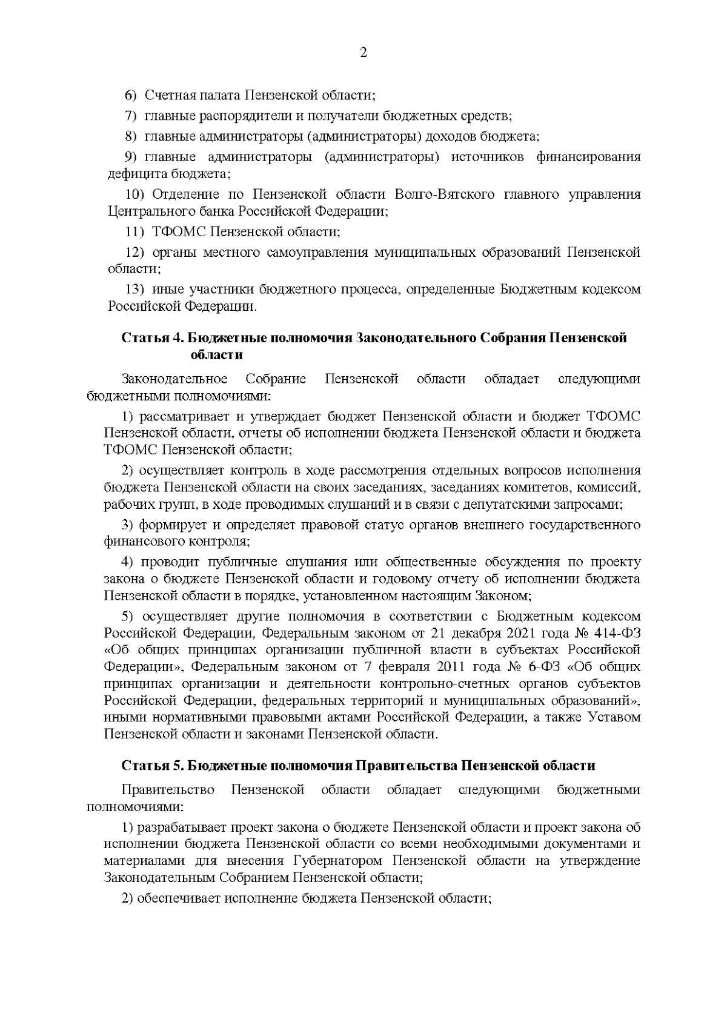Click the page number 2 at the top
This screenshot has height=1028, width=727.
[363, 53]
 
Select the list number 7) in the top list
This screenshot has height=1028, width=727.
[131, 116]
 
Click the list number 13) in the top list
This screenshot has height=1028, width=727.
[134, 290]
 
